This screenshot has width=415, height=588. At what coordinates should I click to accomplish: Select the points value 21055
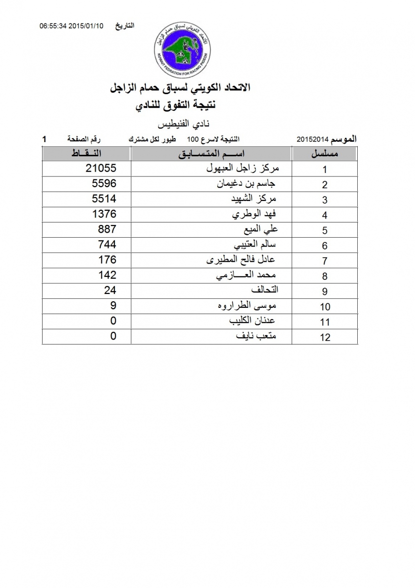pyautogui.click(x=100, y=169)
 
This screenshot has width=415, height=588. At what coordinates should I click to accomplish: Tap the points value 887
pyautogui.click(x=107, y=229)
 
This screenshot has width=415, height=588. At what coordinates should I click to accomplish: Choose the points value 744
pyautogui.click(x=107, y=245)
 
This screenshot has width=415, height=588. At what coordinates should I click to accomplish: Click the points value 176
pyautogui.click(x=107, y=260)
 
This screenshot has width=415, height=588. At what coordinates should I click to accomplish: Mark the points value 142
pyautogui.click(x=107, y=275)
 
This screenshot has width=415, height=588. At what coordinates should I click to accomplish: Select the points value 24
pyautogui.click(x=110, y=290)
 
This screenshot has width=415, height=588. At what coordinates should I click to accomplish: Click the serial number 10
pyautogui.click(x=324, y=307)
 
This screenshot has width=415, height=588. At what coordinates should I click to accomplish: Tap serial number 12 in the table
pyautogui.click(x=324, y=337)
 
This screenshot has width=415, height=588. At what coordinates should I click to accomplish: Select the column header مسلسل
pyautogui.click(x=325, y=154)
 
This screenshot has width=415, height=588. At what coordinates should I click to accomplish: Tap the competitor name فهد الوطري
pyautogui.click(x=254, y=215)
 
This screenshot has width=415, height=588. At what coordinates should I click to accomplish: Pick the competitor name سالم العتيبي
pyautogui.click(x=254, y=245)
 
